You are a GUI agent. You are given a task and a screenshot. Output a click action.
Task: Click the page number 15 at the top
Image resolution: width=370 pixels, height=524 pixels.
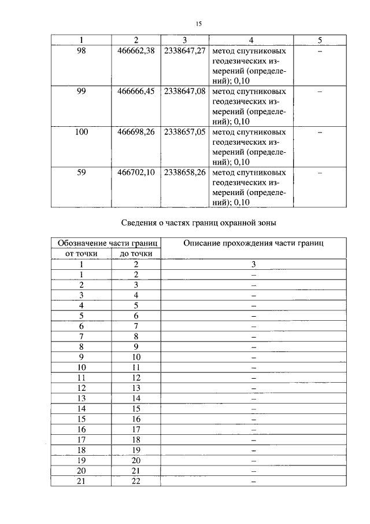point(198,24)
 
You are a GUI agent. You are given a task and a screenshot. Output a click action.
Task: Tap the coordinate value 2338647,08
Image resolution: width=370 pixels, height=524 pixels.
point(185,91)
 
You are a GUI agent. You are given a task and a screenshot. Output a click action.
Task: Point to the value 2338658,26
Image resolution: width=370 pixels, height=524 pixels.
point(185,173)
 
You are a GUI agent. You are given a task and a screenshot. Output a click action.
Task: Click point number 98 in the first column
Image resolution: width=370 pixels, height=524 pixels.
point(82,51)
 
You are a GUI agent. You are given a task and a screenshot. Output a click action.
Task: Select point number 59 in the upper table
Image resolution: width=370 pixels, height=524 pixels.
point(82,173)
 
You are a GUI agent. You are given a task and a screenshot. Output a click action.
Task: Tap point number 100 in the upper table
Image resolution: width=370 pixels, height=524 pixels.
point(82,132)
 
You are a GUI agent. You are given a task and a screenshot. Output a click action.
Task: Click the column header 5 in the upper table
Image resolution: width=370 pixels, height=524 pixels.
point(320,40)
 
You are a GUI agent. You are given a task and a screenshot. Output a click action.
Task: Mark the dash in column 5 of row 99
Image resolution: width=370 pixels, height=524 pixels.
point(320,91)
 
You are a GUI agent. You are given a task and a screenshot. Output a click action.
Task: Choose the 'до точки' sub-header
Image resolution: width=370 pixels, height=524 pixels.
point(136,254)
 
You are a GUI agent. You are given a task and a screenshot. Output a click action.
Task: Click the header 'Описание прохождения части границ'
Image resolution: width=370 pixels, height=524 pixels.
point(253,244)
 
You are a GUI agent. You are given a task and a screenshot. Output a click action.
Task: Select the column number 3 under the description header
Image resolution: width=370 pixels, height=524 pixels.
point(253,264)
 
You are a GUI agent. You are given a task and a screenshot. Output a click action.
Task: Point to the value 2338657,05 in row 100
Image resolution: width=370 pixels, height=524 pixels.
point(185,132)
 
